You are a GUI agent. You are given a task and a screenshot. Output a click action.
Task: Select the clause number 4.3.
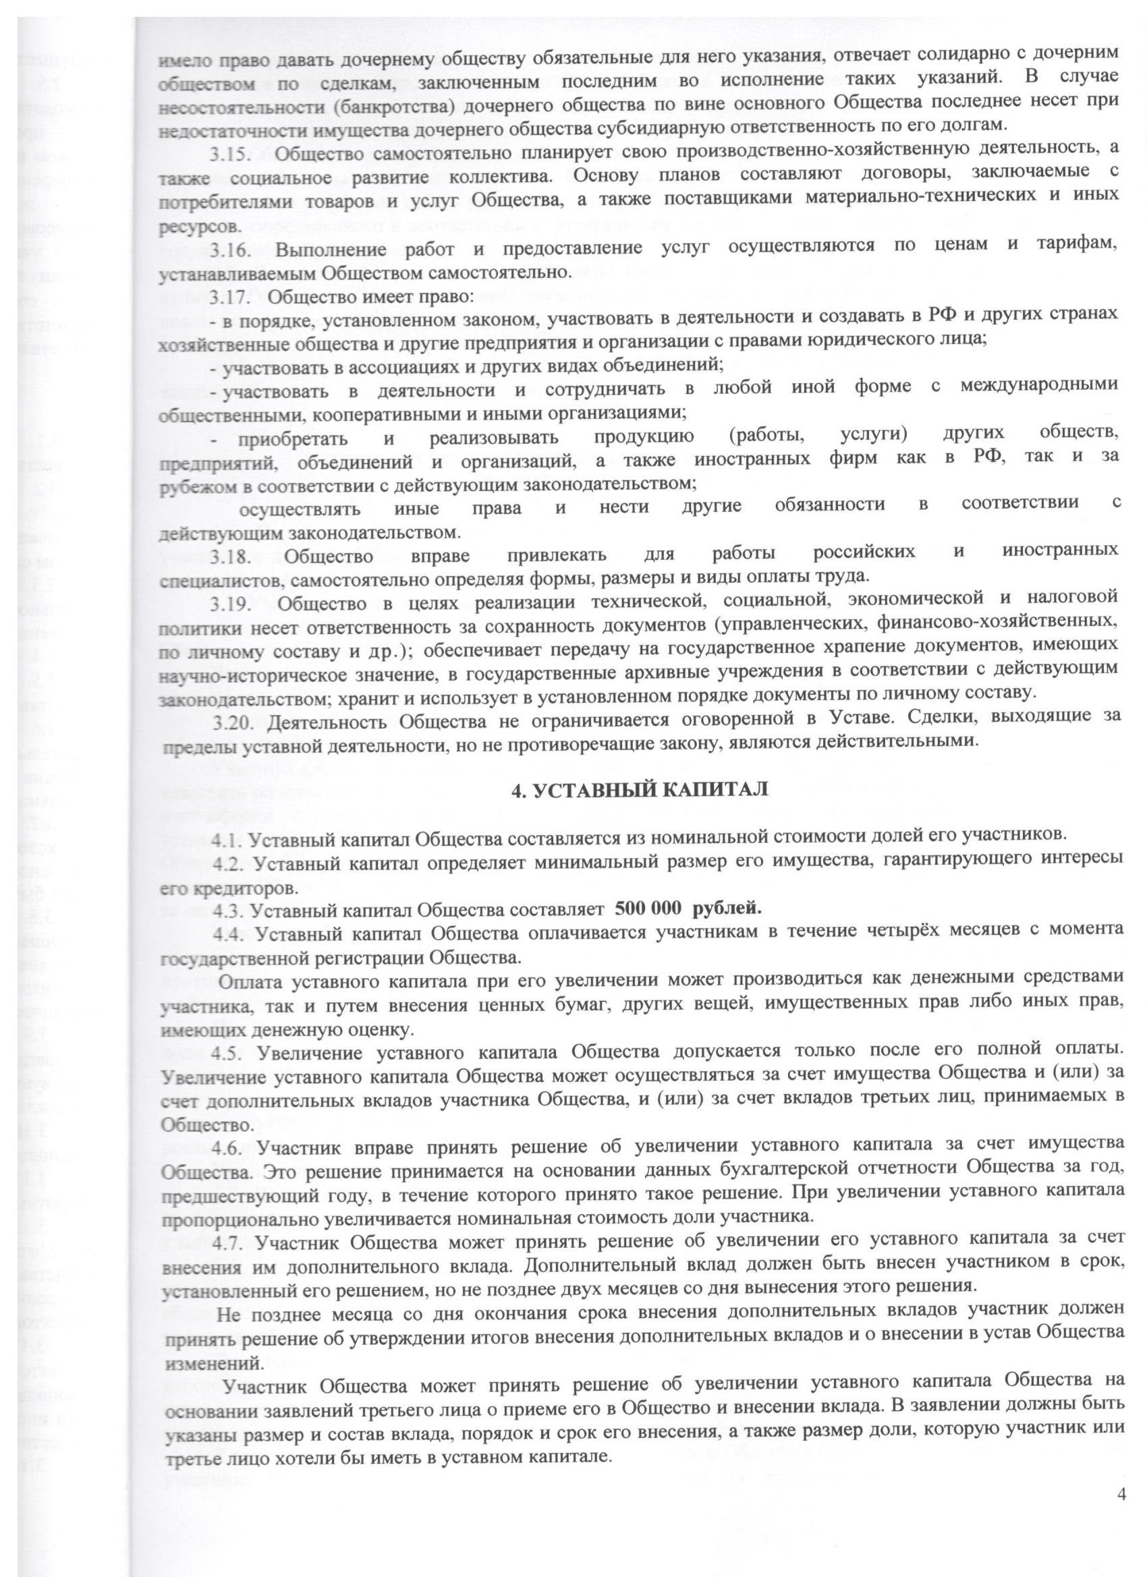point(227,909)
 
